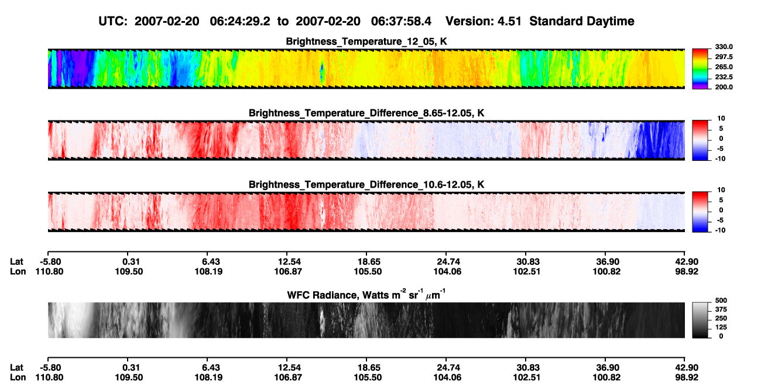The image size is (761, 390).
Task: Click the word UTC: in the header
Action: click(113, 21)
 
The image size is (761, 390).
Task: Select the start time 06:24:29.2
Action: click(240, 21)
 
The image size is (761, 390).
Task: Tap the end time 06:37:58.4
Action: click(401, 21)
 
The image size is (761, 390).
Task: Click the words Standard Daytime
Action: click(582, 21)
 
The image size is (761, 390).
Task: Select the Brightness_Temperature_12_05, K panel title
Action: click(366, 42)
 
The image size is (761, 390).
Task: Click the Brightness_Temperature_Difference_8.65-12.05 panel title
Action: click(366, 113)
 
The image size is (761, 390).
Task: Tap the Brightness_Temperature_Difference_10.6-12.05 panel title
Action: click(366, 185)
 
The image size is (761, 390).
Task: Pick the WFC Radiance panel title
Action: click(366, 295)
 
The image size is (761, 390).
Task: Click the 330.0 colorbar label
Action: click(724, 47)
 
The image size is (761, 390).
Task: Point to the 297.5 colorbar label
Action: click(724, 57)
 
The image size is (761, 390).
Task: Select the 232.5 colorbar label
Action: click(724, 77)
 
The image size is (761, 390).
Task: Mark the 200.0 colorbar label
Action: click(724, 87)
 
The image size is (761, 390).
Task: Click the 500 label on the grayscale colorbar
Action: click(721, 301)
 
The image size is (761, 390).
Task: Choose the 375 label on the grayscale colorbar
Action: click(721, 309)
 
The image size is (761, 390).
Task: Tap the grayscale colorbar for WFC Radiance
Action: click(700, 320)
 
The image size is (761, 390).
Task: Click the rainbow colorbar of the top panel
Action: click(700, 69)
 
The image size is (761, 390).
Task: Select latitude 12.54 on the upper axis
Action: click(289, 262)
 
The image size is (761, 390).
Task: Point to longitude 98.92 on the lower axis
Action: click(687, 378)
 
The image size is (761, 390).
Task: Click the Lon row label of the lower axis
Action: click(18, 378)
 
